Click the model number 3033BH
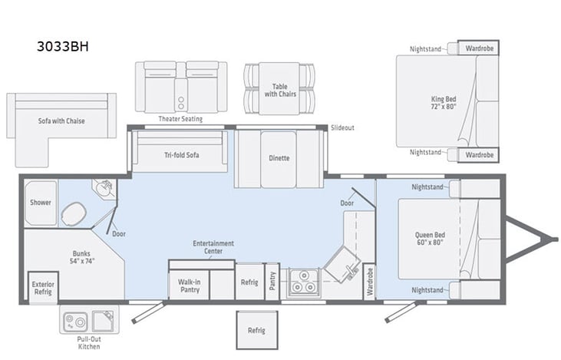click(64, 45)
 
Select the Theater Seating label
click(181, 119)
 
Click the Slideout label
click(342, 127)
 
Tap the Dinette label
click(279, 158)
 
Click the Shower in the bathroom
click(40, 203)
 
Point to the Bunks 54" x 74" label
click(81, 256)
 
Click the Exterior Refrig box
click(43, 287)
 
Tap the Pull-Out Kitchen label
click(89, 343)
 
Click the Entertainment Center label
click(213, 248)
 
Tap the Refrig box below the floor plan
click(256, 330)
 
